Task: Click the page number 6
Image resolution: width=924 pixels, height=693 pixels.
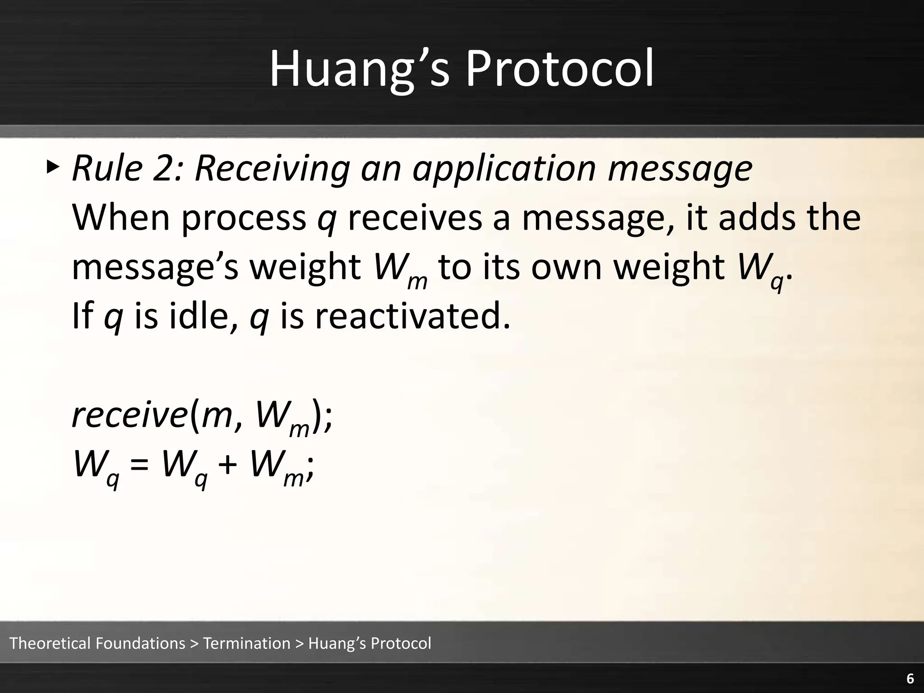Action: pos(910,679)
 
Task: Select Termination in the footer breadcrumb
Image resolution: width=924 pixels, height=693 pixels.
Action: pos(247,643)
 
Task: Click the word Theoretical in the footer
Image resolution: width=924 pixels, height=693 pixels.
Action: pos(51,643)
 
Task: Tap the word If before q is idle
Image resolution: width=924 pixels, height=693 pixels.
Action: pos(82,316)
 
